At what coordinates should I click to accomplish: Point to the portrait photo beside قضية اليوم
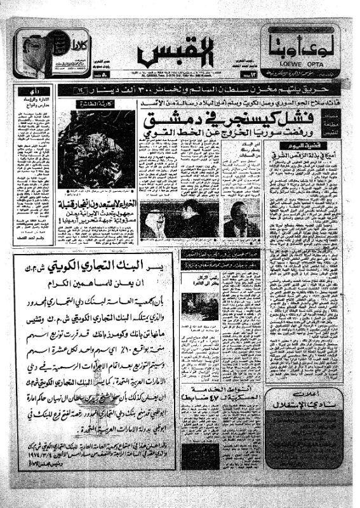[x=242, y=220]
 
